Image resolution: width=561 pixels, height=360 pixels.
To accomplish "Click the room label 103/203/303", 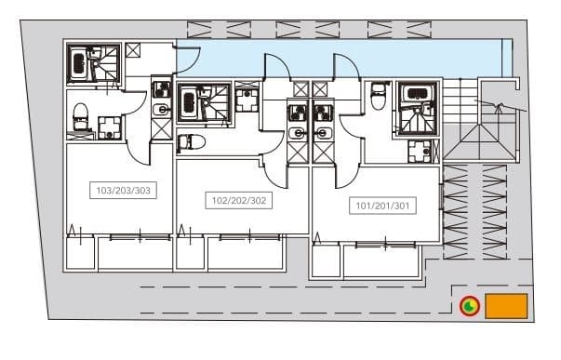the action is [123, 191].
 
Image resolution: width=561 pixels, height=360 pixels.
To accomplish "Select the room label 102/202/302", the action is [239, 200].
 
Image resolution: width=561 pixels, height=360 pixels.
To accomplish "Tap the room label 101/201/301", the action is [382, 206].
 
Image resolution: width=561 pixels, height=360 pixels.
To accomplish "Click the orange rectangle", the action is [506, 306].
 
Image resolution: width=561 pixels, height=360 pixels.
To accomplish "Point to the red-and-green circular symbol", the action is [470, 306].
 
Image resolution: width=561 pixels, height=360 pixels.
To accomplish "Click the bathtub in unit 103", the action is [78, 64].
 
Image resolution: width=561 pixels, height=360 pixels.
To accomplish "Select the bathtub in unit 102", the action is [188, 104].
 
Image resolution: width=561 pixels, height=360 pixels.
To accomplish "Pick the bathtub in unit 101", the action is [416, 94].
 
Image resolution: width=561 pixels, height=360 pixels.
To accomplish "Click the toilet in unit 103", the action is [80, 116].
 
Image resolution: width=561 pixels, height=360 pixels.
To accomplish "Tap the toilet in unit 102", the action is [192, 142].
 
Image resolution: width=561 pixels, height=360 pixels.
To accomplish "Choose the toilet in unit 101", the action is [378, 96].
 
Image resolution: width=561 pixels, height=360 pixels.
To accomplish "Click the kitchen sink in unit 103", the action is [161, 110].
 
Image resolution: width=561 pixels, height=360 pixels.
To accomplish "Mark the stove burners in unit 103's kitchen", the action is [161, 89].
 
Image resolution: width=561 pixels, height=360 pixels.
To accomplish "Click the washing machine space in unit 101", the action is [420, 151].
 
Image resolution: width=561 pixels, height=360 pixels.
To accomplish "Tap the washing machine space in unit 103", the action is [110, 127].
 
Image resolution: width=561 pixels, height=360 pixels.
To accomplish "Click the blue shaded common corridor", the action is [343, 59].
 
